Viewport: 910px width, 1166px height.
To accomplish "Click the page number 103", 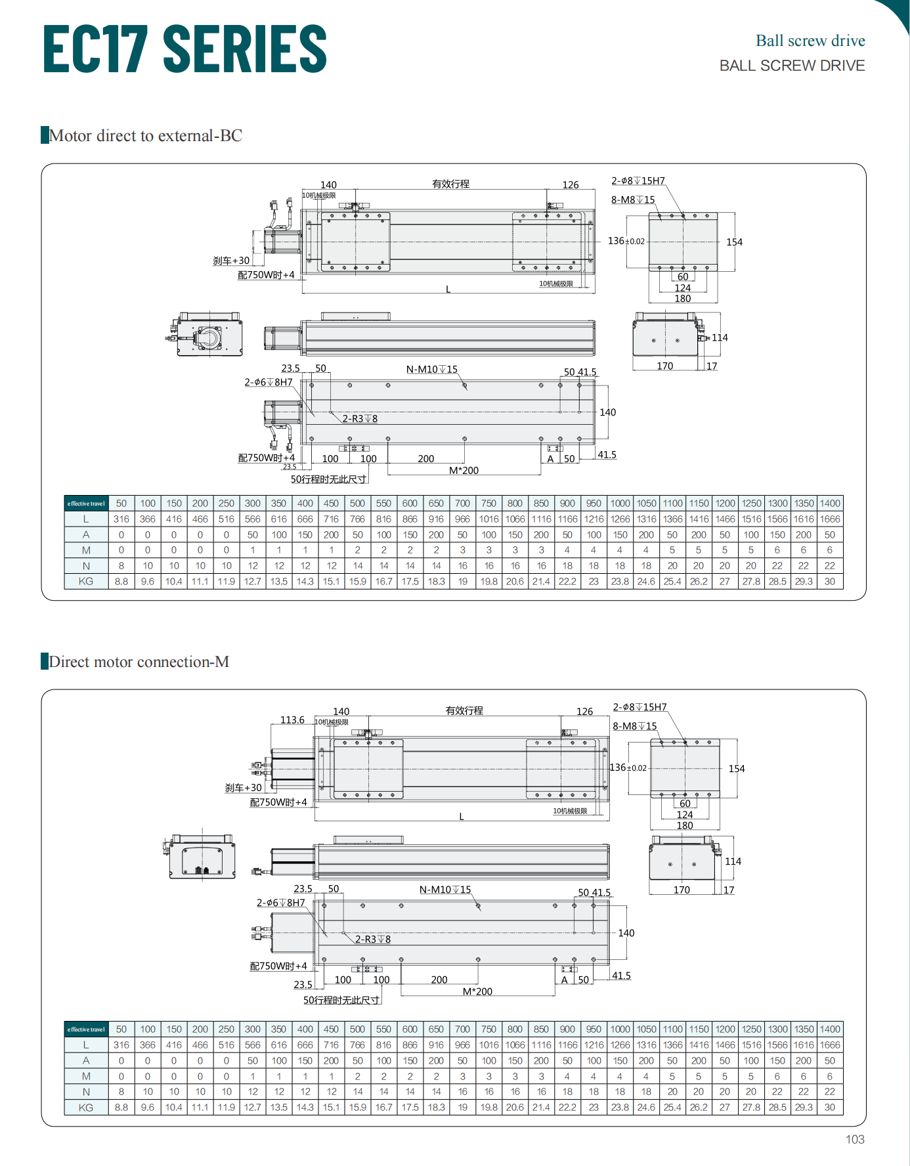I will click(x=854, y=1139).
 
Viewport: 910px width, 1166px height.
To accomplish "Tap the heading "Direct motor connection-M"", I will click(x=139, y=662).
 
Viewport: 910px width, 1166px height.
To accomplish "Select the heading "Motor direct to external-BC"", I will click(x=145, y=136).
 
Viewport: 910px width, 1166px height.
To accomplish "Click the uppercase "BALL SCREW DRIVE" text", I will click(x=792, y=66).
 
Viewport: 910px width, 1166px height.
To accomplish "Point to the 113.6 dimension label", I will click(x=292, y=720).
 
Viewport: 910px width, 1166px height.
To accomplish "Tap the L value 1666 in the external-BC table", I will click(x=829, y=519).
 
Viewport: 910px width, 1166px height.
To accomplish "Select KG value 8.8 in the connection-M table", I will click(x=121, y=1108).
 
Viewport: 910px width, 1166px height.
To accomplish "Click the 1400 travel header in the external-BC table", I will click(x=829, y=504).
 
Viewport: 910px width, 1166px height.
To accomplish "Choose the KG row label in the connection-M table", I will click(x=86, y=1108).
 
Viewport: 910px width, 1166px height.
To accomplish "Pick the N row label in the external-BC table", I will click(x=86, y=566).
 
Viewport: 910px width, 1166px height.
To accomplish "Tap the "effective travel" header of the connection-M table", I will click(x=86, y=1029).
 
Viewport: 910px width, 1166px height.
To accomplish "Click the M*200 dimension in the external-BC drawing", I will click(x=464, y=471).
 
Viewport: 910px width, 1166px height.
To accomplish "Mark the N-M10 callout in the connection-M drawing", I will click(x=445, y=890).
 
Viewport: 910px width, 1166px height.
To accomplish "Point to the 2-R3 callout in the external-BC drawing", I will click(x=360, y=419).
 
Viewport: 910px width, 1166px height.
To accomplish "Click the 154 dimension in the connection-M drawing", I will click(x=736, y=769).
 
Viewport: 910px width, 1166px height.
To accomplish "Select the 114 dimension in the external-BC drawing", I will click(x=720, y=338).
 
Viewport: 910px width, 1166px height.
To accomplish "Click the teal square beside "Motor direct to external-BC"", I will click(x=45, y=135).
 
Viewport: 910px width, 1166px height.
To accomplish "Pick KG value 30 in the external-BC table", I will click(x=829, y=582).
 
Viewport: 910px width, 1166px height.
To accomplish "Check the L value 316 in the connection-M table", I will click(x=121, y=1045).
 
